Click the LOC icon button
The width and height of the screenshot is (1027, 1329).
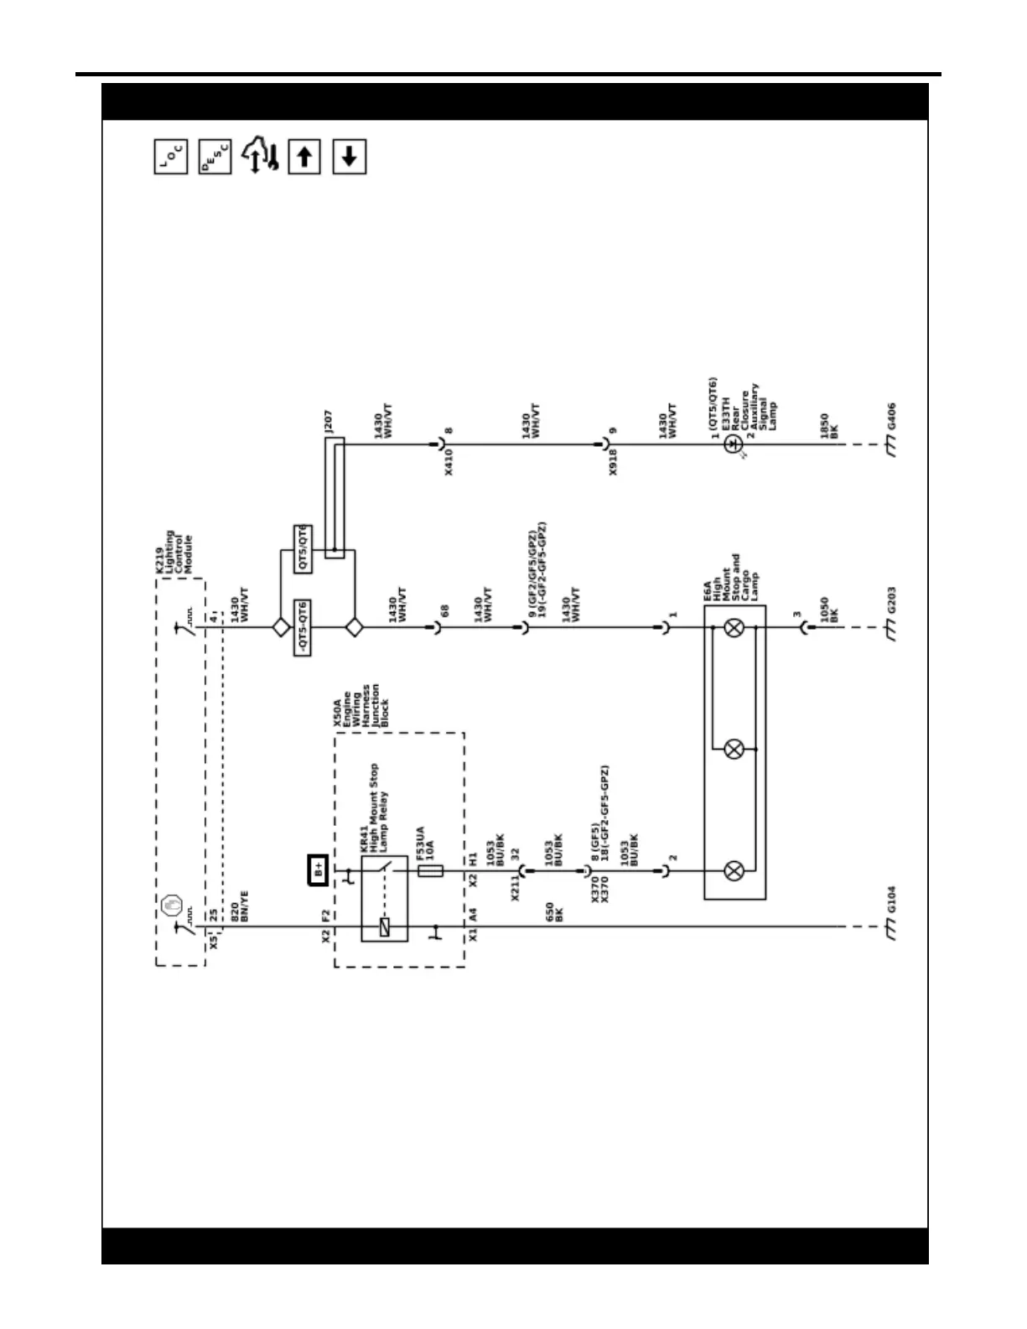171,157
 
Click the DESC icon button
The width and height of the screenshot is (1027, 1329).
215,157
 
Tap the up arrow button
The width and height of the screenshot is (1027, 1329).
304,157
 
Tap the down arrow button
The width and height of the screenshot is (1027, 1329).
350,157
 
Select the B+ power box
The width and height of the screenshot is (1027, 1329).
319,870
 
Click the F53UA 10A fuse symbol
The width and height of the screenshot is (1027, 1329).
430,871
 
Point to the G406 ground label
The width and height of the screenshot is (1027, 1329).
891,416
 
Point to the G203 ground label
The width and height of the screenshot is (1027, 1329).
891,600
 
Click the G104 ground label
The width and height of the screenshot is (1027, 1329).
891,899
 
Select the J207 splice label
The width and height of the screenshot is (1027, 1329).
328,421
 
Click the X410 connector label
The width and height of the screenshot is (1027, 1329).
449,462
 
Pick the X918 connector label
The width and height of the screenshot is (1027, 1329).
613,462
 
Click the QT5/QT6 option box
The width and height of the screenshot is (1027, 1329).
303,549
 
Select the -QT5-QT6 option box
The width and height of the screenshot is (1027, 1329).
303,628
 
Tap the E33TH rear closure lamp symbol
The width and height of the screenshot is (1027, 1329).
734,444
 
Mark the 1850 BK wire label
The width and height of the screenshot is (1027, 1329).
829,426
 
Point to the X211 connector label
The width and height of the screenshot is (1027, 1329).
515,887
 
